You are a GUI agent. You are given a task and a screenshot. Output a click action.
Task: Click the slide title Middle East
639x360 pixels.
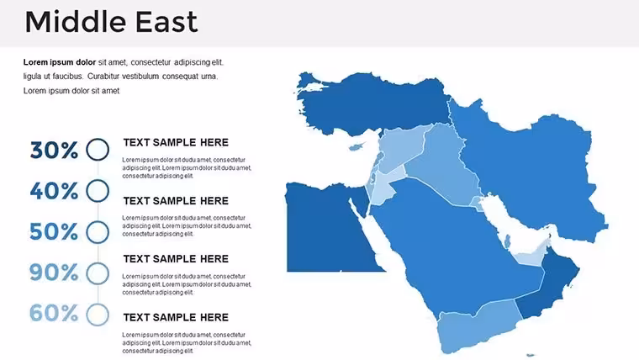coord(111,22)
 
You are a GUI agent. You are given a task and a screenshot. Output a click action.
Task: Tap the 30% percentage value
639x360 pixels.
coord(54,150)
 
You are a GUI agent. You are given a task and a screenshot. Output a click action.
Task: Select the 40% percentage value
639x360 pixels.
coord(54,191)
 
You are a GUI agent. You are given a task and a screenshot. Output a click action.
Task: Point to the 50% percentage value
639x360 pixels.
coord(54,231)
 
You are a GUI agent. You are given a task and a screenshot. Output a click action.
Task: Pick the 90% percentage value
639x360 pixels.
coord(54,273)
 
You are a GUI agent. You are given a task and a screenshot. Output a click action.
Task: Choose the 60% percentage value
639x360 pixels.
coord(54,313)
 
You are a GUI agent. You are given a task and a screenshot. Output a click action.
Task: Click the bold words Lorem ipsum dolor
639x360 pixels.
coord(60,62)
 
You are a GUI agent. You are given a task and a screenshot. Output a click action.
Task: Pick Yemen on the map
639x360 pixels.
coord(477,326)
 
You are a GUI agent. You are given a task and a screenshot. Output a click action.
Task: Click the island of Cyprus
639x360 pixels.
coord(356,146)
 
